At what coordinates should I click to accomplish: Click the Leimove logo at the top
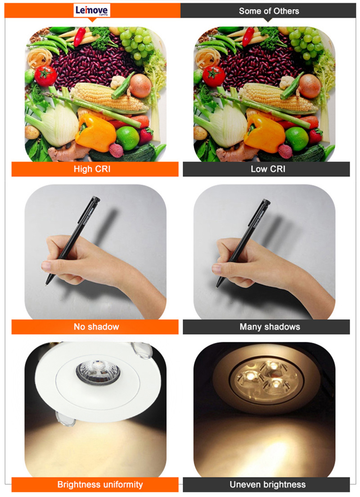[92, 11]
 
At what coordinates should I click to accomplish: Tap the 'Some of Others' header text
[269, 11]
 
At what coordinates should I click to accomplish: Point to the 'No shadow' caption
[96, 327]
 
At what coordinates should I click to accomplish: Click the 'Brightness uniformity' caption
[100, 484]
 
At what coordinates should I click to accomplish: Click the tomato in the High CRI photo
[45, 76]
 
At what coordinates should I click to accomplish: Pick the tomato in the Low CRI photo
[213, 76]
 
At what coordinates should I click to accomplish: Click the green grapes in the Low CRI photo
[305, 43]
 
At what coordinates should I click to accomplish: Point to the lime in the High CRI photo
[128, 138]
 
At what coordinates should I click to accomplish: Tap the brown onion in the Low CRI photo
[310, 85]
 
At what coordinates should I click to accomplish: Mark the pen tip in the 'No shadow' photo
[47, 283]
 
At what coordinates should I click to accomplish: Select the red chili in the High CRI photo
[80, 36]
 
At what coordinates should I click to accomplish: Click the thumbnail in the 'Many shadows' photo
[217, 269]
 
